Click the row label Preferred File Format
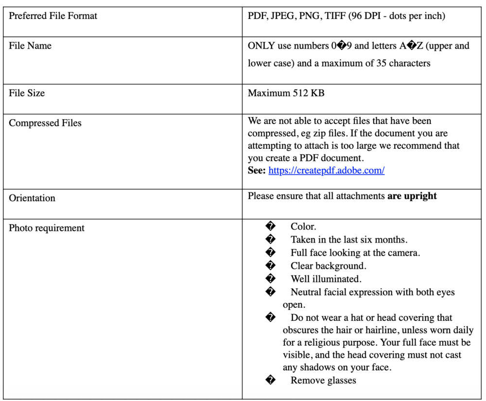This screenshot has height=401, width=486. (53, 16)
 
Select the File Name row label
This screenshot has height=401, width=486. (30, 46)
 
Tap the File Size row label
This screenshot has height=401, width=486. (27, 93)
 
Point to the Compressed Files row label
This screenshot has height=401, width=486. (45, 123)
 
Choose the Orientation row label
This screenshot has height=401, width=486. (32, 198)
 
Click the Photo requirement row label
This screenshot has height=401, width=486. (47, 228)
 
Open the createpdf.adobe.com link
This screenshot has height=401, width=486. (327, 171)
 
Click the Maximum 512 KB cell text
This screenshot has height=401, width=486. (286, 93)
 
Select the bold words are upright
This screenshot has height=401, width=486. (412, 196)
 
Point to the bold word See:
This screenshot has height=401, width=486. (257, 171)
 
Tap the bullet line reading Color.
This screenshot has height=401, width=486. (303, 227)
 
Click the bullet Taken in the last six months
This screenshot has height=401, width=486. (349, 240)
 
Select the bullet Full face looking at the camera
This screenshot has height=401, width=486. (355, 253)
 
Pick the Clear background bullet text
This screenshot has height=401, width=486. (328, 266)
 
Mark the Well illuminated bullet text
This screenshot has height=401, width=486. (326, 279)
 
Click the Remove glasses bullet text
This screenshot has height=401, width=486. (323, 381)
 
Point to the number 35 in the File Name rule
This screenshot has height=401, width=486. (382, 63)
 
